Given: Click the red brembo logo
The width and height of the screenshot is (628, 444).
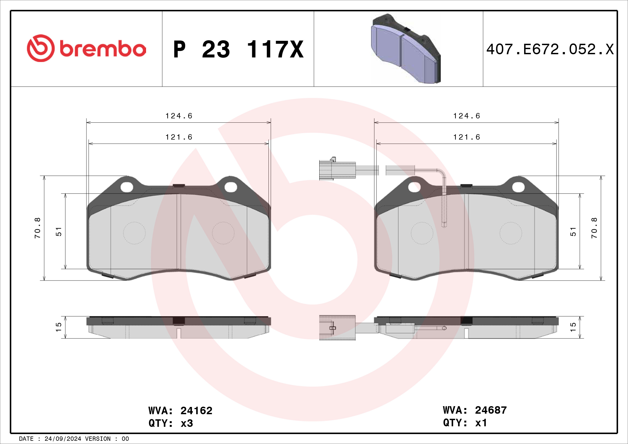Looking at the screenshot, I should pyautogui.click(x=86, y=48).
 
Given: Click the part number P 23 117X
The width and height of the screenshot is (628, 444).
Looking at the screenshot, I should pyautogui.click(x=238, y=49).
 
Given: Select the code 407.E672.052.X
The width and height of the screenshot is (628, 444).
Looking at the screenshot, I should pyautogui.click(x=550, y=49).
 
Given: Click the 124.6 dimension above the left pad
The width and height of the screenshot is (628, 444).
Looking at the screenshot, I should pyautogui.click(x=179, y=116).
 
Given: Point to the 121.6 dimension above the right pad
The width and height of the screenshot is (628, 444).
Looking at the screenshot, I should pyautogui.click(x=467, y=137).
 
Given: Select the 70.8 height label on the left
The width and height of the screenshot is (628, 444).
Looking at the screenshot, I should pyautogui.click(x=38, y=228).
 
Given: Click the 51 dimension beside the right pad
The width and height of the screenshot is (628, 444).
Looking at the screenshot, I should pyautogui.click(x=573, y=232).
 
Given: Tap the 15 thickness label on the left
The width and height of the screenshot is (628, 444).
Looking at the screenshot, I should pyautogui.click(x=59, y=327).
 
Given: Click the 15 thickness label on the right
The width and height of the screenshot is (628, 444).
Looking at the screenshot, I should pyautogui.click(x=573, y=327).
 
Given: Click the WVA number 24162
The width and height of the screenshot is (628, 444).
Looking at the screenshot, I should pyautogui.click(x=196, y=411).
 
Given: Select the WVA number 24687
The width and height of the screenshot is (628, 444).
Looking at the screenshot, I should pyautogui.click(x=491, y=410).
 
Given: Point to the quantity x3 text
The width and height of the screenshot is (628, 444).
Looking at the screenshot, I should pyautogui.click(x=187, y=424).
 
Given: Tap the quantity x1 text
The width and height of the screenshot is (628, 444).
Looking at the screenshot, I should pyautogui.click(x=481, y=423).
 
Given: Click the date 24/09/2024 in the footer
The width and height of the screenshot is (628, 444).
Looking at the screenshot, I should pyautogui.click(x=63, y=439).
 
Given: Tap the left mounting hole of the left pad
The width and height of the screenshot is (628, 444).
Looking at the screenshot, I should pyautogui.click(x=127, y=187).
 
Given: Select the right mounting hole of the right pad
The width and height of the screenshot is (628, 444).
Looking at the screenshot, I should pyautogui.click(x=518, y=187).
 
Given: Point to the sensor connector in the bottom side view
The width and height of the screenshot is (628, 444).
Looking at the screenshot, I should pyautogui.click(x=337, y=328).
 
